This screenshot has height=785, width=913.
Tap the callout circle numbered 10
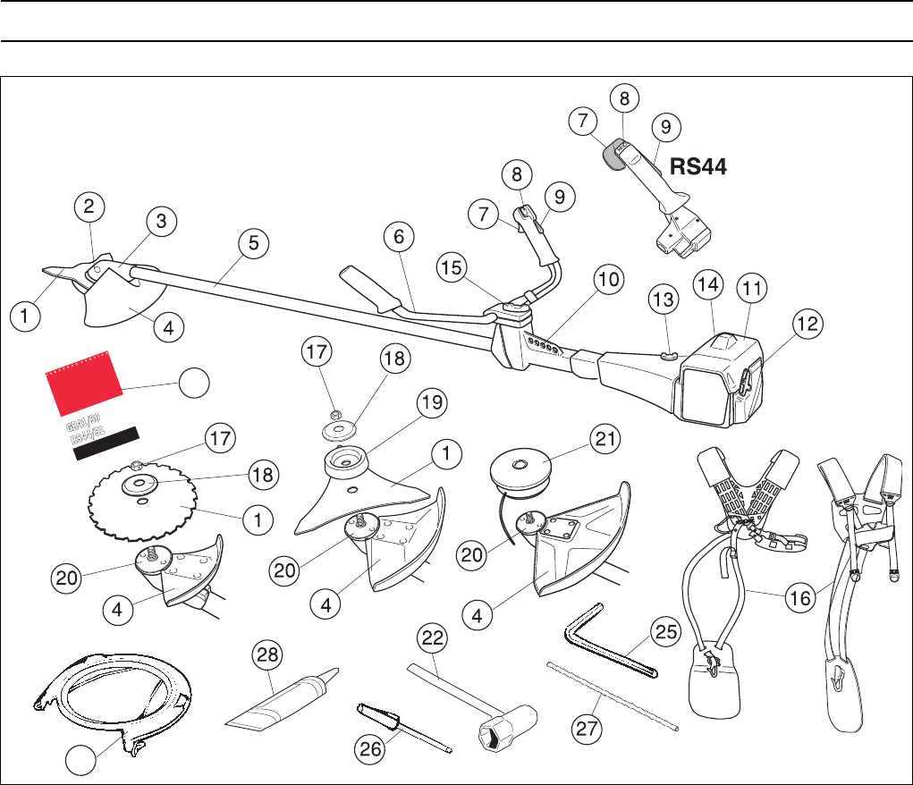point(607,280)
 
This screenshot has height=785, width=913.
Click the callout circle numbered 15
point(452,266)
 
